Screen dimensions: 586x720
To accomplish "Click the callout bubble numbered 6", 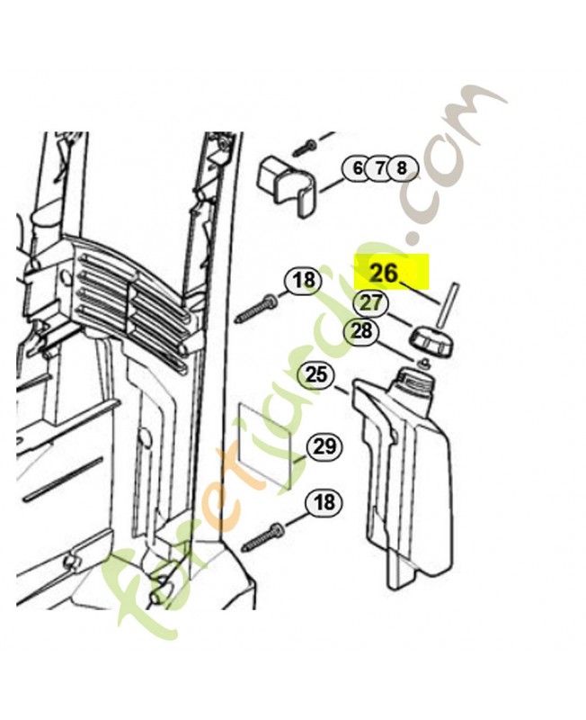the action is pos(357,168).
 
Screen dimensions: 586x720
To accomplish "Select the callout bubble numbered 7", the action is pos(379,168).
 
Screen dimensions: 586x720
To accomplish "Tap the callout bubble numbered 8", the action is pos(402,168).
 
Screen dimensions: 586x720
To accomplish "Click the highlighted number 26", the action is pos(385,273).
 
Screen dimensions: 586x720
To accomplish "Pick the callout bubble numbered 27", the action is pos(370,303).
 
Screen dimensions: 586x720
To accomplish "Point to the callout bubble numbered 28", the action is pos(361,330).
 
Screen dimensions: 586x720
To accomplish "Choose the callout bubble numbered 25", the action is pos(316,375).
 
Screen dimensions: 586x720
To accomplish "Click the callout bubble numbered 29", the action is pos(325,446).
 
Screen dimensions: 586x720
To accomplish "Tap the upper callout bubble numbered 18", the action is pos(303,279).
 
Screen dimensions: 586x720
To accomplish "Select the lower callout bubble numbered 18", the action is pos(324,502).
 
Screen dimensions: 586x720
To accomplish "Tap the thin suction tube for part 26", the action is pos(448,306).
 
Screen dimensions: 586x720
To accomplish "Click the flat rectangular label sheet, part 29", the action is pos(265,445).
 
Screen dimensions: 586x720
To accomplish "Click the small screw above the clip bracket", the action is pos(305,147).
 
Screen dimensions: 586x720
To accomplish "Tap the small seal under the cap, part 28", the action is pos(424,363).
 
